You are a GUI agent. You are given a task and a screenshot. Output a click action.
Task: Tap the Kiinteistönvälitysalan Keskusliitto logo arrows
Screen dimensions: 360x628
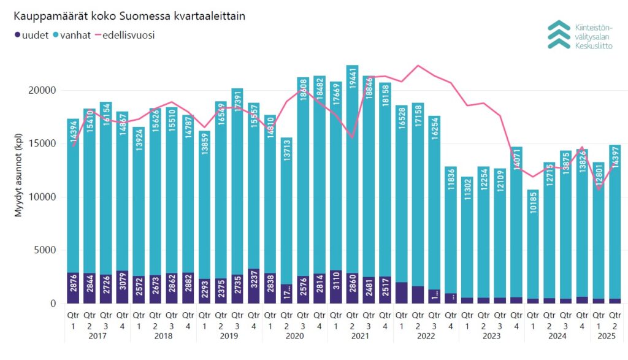[x=559, y=34]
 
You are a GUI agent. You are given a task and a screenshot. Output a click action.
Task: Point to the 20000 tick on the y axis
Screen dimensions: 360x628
[x=44, y=90]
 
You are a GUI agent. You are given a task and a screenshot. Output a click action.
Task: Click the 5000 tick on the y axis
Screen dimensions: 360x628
[x=46, y=250]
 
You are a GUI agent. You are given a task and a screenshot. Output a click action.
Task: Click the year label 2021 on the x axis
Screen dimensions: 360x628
[x=359, y=335]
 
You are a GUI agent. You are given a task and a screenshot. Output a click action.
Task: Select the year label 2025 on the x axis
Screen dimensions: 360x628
[x=607, y=335]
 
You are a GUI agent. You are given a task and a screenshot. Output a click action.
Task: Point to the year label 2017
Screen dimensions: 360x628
[x=98, y=335]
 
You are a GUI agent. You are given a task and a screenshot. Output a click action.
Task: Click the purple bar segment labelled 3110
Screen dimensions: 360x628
[x=335, y=287]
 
